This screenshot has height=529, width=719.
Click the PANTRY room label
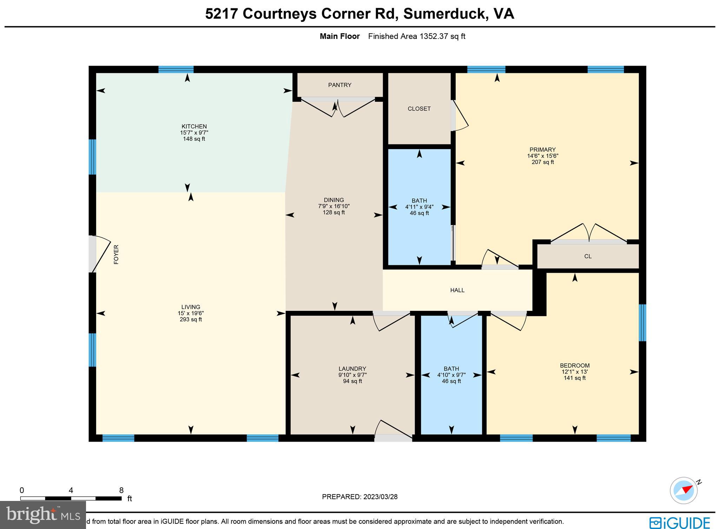[339, 85]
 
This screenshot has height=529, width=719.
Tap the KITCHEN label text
[194, 126]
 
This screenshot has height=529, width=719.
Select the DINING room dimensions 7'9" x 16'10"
[334, 206]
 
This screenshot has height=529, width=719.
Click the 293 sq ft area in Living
[191, 320]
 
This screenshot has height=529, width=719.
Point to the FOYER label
[116, 254]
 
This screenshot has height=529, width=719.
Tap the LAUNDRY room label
[352, 369]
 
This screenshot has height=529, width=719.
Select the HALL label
[457, 290]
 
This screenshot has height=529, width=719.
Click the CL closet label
[588, 256]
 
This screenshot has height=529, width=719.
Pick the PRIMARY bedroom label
[542, 149]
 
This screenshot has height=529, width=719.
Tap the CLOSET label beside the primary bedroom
[419, 109]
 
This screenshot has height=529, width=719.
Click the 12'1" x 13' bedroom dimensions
[574, 372]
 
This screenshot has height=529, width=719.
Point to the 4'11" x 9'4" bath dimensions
[419, 207]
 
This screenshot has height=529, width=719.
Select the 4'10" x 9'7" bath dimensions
[451, 375]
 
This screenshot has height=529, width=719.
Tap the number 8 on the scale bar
[121, 490]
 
